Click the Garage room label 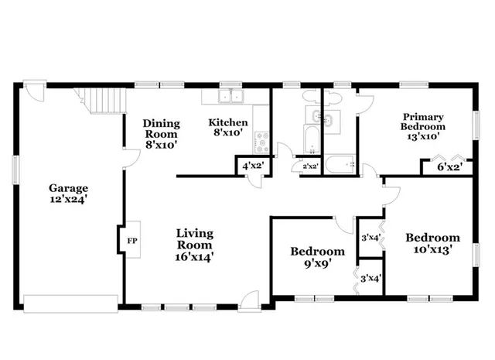(69, 194)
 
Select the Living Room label (194, 245)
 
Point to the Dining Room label (162, 133)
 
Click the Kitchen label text (229, 128)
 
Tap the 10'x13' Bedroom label (433, 243)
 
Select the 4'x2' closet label (252, 166)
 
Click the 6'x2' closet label (449, 166)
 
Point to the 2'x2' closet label (310, 166)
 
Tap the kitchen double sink (229, 97)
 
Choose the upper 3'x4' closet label (369, 238)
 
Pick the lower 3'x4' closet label (369, 278)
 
